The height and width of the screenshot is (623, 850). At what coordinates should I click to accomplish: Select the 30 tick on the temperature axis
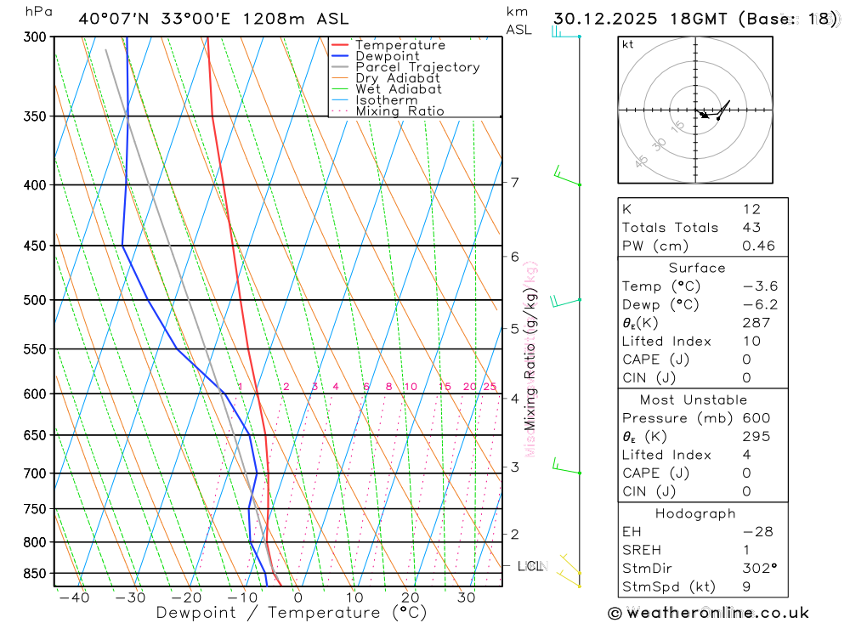click(466, 598)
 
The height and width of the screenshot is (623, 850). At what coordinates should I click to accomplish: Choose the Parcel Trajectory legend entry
click(417, 67)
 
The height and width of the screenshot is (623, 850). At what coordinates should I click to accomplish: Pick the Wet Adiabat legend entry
click(399, 89)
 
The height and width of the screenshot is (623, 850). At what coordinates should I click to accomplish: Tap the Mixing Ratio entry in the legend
click(399, 111)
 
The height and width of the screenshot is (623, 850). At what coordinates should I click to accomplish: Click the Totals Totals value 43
click(751, 228)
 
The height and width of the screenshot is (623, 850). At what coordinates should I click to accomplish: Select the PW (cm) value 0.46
click(758, 246)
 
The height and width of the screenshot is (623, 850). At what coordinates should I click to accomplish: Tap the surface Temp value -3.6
click(760, 286)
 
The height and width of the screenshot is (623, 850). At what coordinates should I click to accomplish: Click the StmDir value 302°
click(759, 569)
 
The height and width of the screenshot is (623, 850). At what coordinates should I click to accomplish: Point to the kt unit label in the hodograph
click(627, 45)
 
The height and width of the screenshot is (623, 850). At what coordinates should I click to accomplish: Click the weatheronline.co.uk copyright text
click(708, 613)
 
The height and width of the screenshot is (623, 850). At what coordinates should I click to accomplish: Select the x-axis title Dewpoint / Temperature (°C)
click(292, 613)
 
